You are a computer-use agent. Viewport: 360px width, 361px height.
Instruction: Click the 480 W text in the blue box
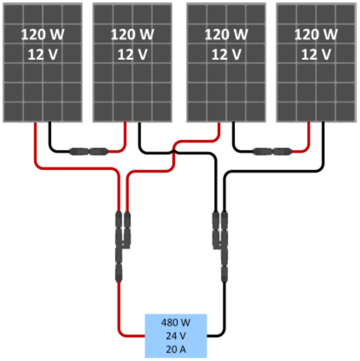click(x=176, y=323)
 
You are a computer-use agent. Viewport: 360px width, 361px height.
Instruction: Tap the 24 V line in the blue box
click(x=176, y=336)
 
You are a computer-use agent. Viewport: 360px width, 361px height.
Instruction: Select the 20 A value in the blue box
click(x=176, y=349)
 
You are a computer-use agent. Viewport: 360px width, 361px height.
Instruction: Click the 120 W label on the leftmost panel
click(x=42, y=34)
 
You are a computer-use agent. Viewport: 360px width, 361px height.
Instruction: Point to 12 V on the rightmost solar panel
click(x=316, y=55)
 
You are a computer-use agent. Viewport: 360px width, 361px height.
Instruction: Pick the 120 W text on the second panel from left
click(x=133, y=34)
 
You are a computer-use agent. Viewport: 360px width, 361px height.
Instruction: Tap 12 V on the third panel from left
click(x=226, y=55)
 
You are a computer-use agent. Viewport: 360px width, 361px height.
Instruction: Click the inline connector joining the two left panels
click(x=89, y=152)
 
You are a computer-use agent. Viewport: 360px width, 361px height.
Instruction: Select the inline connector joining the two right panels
click(x=273, y=152)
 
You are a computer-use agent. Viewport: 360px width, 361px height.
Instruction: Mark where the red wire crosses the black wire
click(x=174, y=152)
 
